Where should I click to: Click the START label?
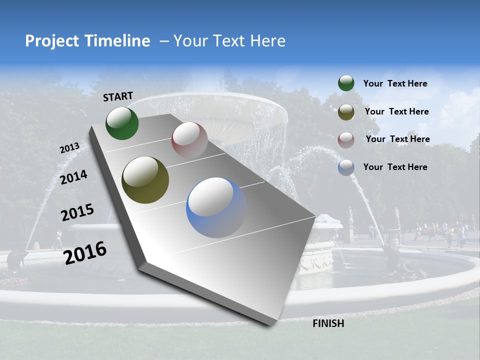[118, 96]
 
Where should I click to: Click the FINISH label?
[328, 323]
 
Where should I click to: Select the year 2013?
[70, 148]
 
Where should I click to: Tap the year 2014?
[73, 177]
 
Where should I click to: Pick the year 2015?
[77, 212]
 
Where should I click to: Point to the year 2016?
[85, 252]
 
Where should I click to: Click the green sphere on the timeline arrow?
[122, 123]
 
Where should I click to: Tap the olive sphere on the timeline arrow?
[145, 180]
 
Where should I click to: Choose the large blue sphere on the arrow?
[216, 207]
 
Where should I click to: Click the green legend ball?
[346, 83]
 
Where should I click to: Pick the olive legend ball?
[346, 111]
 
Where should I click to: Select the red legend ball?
[346, 139]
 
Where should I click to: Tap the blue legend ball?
[346, 167]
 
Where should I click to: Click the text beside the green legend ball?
[395, 84]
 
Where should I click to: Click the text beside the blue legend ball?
[395, 167]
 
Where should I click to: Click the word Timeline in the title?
[117, 41]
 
